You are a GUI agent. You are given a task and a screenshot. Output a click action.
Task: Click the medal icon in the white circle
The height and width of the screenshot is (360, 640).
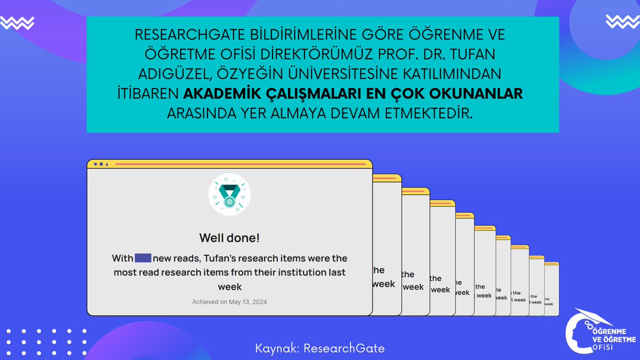click(229, 195)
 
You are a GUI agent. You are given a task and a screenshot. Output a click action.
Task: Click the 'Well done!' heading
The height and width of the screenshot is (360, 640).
click(229, 238)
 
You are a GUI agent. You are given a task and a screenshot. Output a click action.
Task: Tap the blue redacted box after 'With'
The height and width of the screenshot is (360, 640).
click(143, 259)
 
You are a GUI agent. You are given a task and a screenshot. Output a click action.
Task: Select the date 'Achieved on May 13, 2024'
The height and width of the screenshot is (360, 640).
click(229, 302)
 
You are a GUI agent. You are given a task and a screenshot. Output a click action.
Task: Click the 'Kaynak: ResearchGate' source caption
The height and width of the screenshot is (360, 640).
click(320, 348)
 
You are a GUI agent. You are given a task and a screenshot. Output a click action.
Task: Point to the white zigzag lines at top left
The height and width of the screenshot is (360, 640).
click(17, 22)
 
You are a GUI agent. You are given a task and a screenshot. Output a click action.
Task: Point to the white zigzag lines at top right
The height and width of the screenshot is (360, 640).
click(622, 22)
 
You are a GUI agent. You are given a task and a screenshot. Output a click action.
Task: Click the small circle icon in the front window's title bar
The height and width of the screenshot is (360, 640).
click(95, 164)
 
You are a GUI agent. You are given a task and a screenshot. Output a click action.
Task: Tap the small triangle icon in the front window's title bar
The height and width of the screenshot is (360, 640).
click(107, 164)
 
